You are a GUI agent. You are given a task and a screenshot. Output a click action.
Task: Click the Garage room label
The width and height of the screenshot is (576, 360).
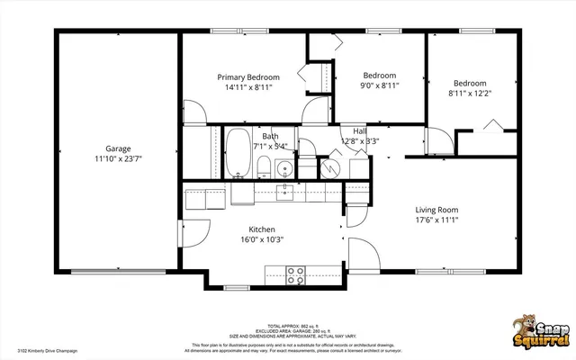[119, 148]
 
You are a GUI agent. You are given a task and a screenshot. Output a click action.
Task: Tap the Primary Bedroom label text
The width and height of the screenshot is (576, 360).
[248, 77]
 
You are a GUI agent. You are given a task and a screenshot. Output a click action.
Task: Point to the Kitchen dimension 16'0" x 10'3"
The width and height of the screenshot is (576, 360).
[262, 239]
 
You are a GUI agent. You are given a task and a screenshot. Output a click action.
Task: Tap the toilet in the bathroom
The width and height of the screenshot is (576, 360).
[264, 166]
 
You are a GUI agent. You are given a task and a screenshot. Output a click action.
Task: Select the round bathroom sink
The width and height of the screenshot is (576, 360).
[283, 168]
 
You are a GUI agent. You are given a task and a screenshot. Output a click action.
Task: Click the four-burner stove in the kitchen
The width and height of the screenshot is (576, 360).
[294, 275]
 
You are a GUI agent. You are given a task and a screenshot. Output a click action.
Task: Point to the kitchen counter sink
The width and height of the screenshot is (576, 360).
[284, 190]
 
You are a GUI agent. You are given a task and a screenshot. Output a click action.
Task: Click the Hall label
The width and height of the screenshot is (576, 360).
[359, 130]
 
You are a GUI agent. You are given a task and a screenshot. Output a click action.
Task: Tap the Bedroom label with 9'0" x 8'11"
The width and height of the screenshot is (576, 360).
[380, 75]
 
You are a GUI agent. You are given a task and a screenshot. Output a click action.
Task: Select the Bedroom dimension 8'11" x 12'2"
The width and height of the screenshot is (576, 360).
[470, 93]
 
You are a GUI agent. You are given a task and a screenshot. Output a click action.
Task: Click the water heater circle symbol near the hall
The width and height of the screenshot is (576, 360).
[328, 168]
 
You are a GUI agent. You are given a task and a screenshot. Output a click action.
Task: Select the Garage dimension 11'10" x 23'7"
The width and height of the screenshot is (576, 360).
[119, 158]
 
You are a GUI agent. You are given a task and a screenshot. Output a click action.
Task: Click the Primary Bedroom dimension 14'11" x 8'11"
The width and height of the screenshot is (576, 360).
[248, 87]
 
